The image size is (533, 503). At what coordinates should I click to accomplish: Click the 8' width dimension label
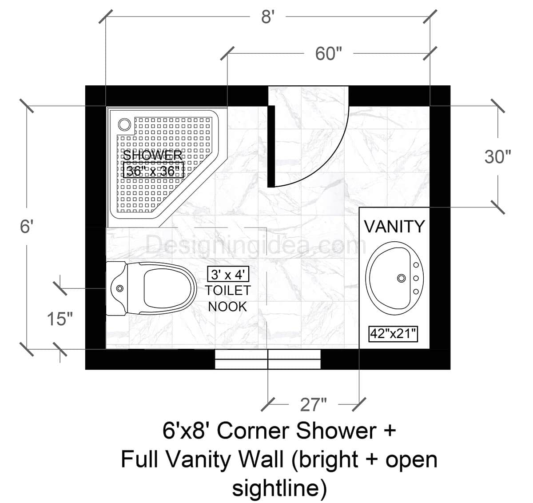pyautogui.click(x=266, y=18)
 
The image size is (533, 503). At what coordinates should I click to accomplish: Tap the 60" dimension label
pyautogui.click(x=329, y=54)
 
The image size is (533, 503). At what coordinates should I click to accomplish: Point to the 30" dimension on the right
pyautogui.click(x=497, y=157)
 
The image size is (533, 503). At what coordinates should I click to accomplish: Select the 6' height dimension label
pyautogui.click(x=27, y=227)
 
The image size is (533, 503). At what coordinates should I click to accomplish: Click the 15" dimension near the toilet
pyautogui.click(x=60, y=319)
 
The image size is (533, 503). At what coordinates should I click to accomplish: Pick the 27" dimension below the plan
pyautogui.click(x=314, y=405)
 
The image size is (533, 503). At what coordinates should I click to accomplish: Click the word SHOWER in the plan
pyautogui.click(x=152, y=155)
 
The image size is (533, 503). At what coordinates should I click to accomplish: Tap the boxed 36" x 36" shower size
pyautogui.click(x=154, y=171)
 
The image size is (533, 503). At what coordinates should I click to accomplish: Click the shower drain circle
pyautogui.click(x=125, y=124)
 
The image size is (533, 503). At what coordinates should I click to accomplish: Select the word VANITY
pyautogui.click(x=394, y=226)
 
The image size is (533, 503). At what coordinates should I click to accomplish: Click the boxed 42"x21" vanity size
pyautogui.click(x=394, y=333)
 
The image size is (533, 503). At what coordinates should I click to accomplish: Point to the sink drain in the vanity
pyautogui.click(x=402, y=278)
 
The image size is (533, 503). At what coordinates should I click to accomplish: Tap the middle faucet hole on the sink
pyautogui.click(x=417, y=278)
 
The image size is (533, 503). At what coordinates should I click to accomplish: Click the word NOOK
pyautogui.click(x=227, y=306)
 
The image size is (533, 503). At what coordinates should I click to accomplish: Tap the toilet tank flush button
pyautogui.click(x=119, y=288)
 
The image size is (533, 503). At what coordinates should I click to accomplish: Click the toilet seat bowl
pyautogui.click(x=169, y=289)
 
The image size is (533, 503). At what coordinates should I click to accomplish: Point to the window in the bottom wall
pyautogui.click(x=268, y=359)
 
